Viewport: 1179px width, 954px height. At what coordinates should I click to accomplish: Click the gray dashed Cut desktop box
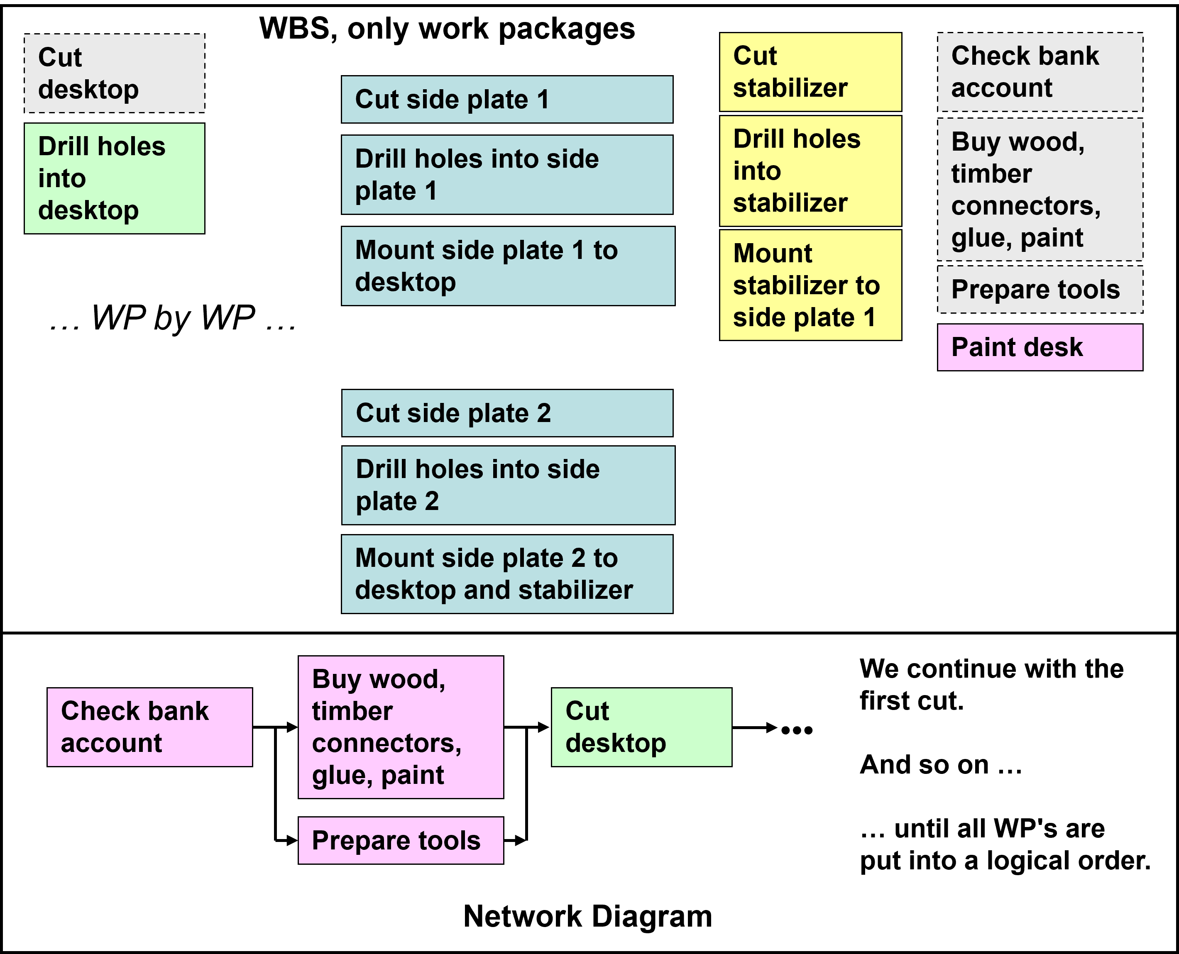(114, 73)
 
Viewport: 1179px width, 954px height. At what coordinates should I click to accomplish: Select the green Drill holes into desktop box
(114, 178)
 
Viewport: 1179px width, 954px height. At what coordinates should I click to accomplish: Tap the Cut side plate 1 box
(507, 100)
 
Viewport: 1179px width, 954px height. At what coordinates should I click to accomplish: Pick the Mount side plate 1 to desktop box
(508, 266)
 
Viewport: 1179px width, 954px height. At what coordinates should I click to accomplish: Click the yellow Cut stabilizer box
(810, 72)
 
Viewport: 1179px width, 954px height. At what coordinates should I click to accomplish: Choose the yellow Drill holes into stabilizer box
(810, 171)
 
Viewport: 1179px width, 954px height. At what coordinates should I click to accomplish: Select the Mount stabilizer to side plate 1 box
(810, 285)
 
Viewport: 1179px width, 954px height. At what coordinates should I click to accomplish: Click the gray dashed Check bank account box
(1040, 72)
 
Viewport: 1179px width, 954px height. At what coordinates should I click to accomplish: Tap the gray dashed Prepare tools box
(1040, 290)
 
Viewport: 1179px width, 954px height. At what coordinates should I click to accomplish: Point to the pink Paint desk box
(1040, 347)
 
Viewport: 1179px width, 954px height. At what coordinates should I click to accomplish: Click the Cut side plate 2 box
(507, 413)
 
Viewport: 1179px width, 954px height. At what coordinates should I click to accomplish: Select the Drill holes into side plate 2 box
(508, 485)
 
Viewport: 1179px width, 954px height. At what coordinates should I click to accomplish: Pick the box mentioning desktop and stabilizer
(507, 574)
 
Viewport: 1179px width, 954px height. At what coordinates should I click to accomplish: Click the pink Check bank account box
(149, 727)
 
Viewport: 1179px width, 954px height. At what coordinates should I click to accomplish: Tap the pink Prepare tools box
(401, 840)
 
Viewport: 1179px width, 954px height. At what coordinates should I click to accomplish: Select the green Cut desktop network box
(641, 727)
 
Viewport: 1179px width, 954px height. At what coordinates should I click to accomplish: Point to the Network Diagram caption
(587, 917)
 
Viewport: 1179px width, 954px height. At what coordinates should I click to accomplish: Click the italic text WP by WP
(173, 318)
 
